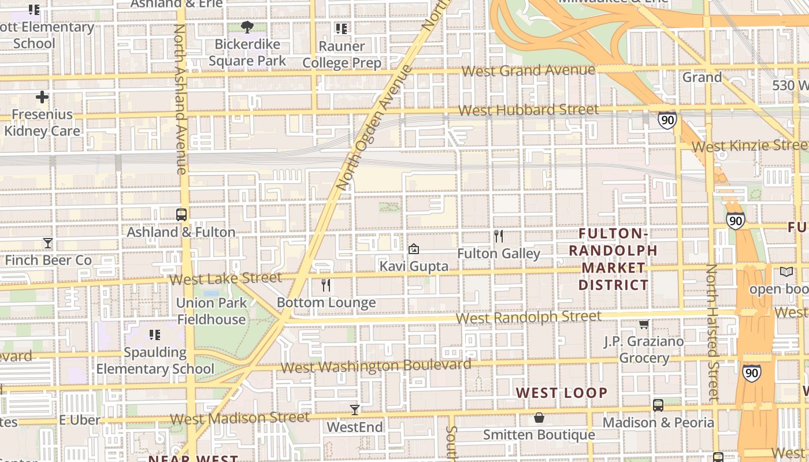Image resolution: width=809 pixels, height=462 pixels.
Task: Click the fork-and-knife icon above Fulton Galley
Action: (x=499, y=236)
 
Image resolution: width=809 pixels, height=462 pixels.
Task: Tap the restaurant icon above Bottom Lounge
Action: (x=326, y=285)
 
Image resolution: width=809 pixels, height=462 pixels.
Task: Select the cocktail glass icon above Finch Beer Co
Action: (x=48, y=243)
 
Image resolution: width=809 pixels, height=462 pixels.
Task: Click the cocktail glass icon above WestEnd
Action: (x=355, y=410)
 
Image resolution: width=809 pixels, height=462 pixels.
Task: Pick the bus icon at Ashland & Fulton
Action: (x=181, y=215)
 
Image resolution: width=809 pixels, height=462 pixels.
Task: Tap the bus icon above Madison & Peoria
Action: (x=658, y=405)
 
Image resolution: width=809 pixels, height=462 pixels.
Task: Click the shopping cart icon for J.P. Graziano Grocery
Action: (x=644, y=325)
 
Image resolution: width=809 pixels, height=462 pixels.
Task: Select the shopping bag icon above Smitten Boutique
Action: (x=539, y=417)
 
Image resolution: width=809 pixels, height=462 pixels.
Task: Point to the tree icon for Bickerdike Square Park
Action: (x=247, y=27)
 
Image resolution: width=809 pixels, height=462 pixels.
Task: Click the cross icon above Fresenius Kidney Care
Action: (x=42, y=97)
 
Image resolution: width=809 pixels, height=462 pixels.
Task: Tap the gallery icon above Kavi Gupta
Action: (x=414, y=249)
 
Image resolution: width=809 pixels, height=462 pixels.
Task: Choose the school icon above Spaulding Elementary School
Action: (x=154, y=335)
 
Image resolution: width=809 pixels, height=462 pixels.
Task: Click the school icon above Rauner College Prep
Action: (x=342, y=28)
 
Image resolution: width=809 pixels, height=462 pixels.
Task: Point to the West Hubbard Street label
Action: (x=528, y=110)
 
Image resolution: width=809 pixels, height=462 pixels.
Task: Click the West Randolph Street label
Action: (x=528, y=317)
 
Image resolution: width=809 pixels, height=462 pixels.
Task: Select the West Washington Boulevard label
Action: (x=376, y=366)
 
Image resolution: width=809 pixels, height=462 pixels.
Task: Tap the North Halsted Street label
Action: (x=712, y=332)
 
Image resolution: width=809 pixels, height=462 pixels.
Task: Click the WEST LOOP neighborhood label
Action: (x=561, y=393)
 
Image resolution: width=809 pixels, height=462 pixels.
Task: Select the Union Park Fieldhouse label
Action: (x=211, y=311)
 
